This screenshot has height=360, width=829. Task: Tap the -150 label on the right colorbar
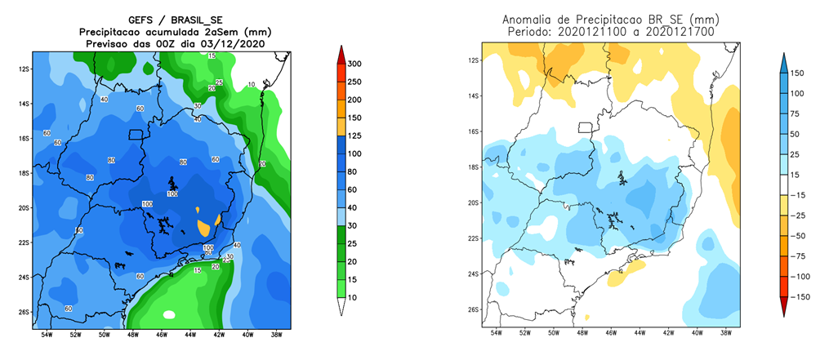(x=804, y=297)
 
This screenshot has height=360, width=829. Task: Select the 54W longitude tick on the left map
(x=47, y=335)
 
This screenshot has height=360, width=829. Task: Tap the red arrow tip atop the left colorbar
(x=343, y=51)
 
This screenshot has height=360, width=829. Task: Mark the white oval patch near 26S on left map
(x=169, y=314)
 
